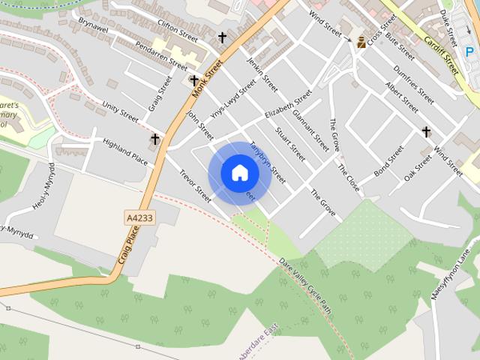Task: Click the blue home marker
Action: click(239, 173)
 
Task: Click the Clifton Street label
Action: click(178, 36)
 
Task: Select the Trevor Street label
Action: click(195, 184)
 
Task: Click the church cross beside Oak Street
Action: click(426, 132)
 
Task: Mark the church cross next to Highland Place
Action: click(155, 139)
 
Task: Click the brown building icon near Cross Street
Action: click(361, 42)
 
